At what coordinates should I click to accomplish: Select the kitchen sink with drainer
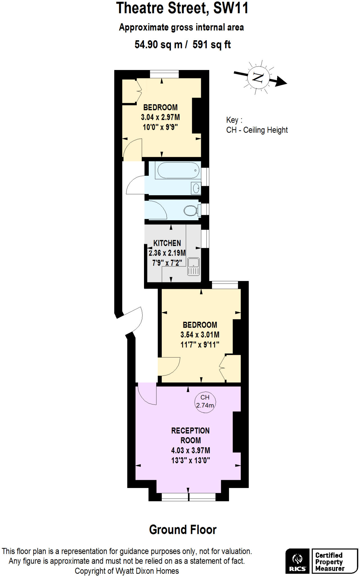pyautogui.click(x=193, y=266)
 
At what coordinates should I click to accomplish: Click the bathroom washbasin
pyautogui.click(x=196, y=188)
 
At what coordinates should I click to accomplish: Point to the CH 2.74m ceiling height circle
pyautogui.click(x=205, y=402)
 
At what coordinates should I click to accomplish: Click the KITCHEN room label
pyautogui.click(x=167, y=243)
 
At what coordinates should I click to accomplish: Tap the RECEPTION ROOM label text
pyautogui.click(x=190, y=435)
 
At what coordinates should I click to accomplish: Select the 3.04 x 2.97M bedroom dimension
pyautogui.click(x=160, y=117)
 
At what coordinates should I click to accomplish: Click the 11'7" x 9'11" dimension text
pyautogui.click(x=200, y=345)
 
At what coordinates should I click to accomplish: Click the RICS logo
pyautogui.click(x=298, y=561)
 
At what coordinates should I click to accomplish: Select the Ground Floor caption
pyautogui.click(x=183, y=530)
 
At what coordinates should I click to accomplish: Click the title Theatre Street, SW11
pyautogui.click(x=183, y=8)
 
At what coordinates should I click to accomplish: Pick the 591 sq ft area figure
pyautogui.click(x=212, y=44)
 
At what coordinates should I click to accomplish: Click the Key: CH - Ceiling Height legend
pyautogui.click(x=257, y=125)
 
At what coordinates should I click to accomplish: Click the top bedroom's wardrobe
pyautogui.click(x=131, y=91)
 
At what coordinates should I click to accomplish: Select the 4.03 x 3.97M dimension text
pyautogui.click(x=190, y=450)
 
